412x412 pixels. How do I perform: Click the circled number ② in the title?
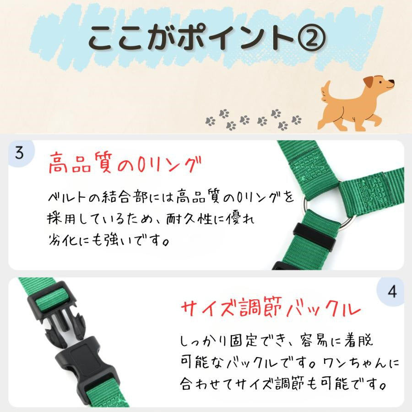pyautogui.click(x=310, y=38)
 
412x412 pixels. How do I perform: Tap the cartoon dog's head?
pyautogui.click(x=379, y=85)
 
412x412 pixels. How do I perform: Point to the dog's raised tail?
pyautogui.click(x=326, y=91)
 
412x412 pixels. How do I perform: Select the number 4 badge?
pyautogui.click(x=392, y=292)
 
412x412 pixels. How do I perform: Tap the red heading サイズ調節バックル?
pyautogui.click(x=271, y=308)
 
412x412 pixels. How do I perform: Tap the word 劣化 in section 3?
pyautogui.click(x=63, y=239)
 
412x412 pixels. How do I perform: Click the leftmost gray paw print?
pyautogui.click(x=211, y=121)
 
